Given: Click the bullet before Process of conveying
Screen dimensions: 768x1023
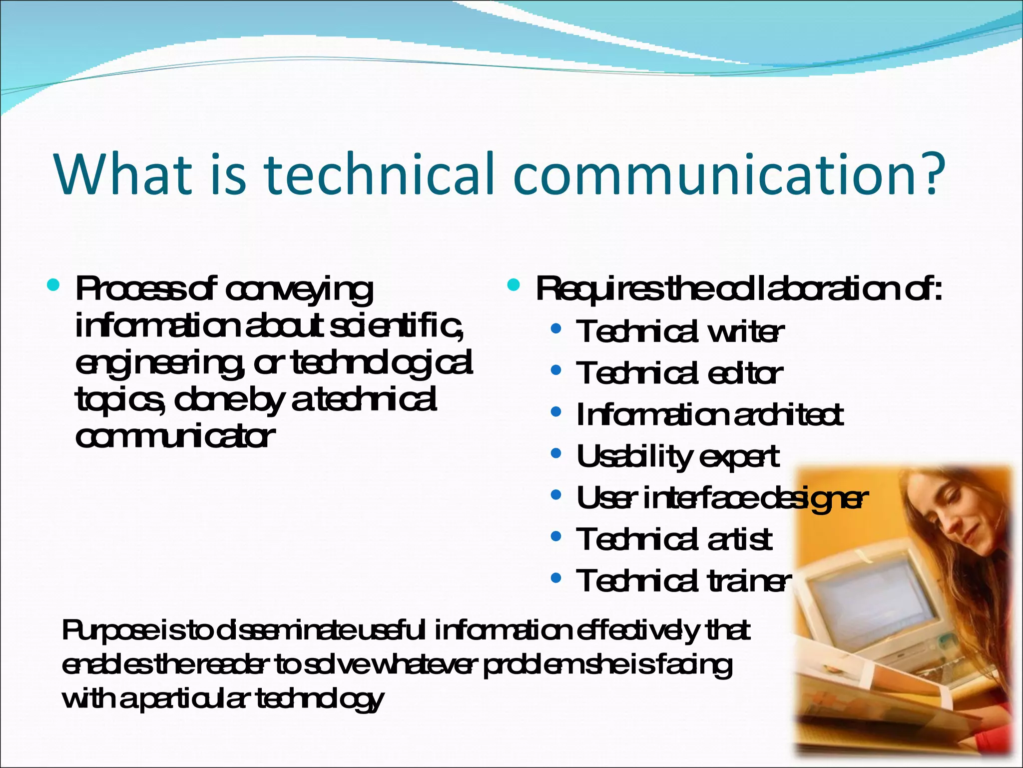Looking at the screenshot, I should pos(53,285).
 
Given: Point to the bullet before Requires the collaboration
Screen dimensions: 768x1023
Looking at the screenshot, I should pos(513,285).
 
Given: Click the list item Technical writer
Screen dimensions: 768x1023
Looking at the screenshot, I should pos(679,331).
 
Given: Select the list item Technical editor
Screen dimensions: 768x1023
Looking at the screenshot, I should pos(679,373).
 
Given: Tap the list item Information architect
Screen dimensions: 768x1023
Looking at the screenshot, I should pos(709,415).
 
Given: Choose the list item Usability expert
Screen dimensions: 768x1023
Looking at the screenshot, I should pos(677,456).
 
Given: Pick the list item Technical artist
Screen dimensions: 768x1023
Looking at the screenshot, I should pos(674,539).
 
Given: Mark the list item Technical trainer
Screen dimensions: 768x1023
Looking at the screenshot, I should pos(683,581).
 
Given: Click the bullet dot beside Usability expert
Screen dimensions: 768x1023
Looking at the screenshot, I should pos(556,454).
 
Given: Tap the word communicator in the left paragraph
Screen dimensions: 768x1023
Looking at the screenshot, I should pos(175,436).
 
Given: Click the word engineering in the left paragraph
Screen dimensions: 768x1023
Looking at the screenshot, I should pos(160,363).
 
